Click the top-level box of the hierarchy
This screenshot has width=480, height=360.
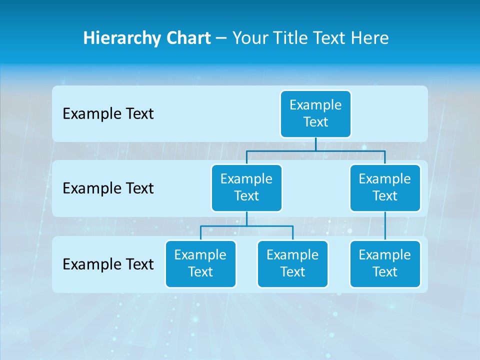(315, 113)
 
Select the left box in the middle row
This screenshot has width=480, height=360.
(246, 187)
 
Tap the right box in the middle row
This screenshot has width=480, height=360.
(385, 187)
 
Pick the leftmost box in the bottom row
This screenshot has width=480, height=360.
(200, 263)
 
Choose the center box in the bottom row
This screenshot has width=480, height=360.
(292, 263)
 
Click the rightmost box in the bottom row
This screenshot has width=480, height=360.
(385, 263)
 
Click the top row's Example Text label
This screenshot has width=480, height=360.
(108, 114)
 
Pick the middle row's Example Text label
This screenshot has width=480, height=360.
(108, 188)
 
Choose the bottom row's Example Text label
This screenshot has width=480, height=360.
(108, 264)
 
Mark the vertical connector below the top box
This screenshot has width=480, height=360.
(315, 144)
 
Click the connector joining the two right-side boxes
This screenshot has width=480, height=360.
(385, 226)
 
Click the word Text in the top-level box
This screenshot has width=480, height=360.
(315, 122)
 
